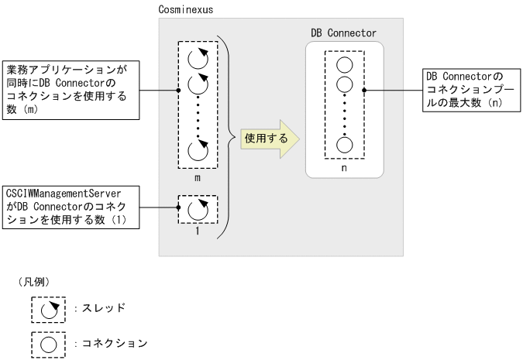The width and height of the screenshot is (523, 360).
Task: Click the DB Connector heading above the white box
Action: point(342,33)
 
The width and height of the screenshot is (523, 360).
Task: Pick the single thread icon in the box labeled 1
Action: point(198,209)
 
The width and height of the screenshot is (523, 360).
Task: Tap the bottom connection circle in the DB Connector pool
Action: point(345,144)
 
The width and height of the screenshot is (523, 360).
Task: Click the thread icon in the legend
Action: point(48,308)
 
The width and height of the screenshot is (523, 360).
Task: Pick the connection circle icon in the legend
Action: point(48,341)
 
